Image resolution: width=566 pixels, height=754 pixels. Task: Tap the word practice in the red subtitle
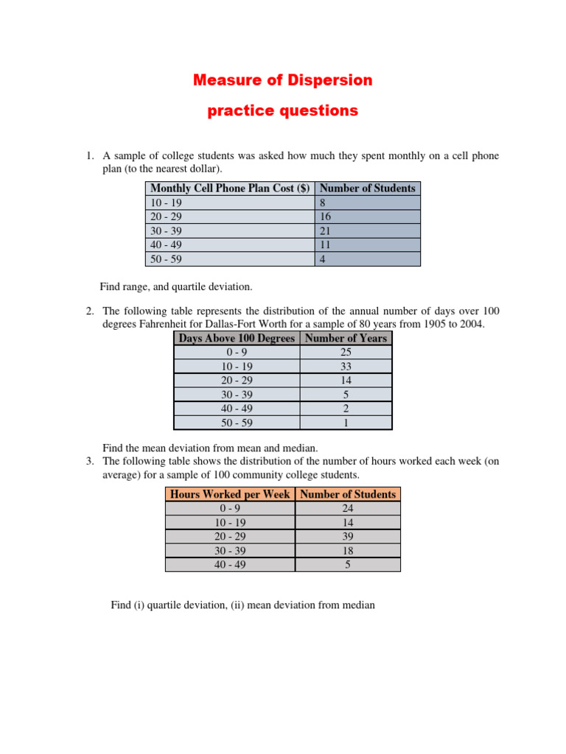click(235, 111)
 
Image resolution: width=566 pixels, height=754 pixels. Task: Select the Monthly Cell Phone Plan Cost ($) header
click(230, 188)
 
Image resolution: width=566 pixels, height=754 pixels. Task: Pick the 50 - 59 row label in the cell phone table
click(166, 259)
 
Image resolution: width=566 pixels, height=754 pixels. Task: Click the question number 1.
click(89, 155)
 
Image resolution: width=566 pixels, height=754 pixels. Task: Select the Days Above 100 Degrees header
click(237, 338)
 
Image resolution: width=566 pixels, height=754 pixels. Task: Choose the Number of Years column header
click(346, 338)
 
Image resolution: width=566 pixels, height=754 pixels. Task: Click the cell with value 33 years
click(346, 367)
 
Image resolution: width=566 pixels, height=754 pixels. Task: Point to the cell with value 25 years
click(346, 353)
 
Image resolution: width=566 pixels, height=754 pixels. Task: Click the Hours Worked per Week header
click(230, 494)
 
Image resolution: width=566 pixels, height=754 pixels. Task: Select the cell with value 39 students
click(348, 537)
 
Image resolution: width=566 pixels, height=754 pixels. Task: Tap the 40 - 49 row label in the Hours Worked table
click(230, 565)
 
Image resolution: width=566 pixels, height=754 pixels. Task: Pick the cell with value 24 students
click(348, 508)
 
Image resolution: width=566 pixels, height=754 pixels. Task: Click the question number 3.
click(89, 461)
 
